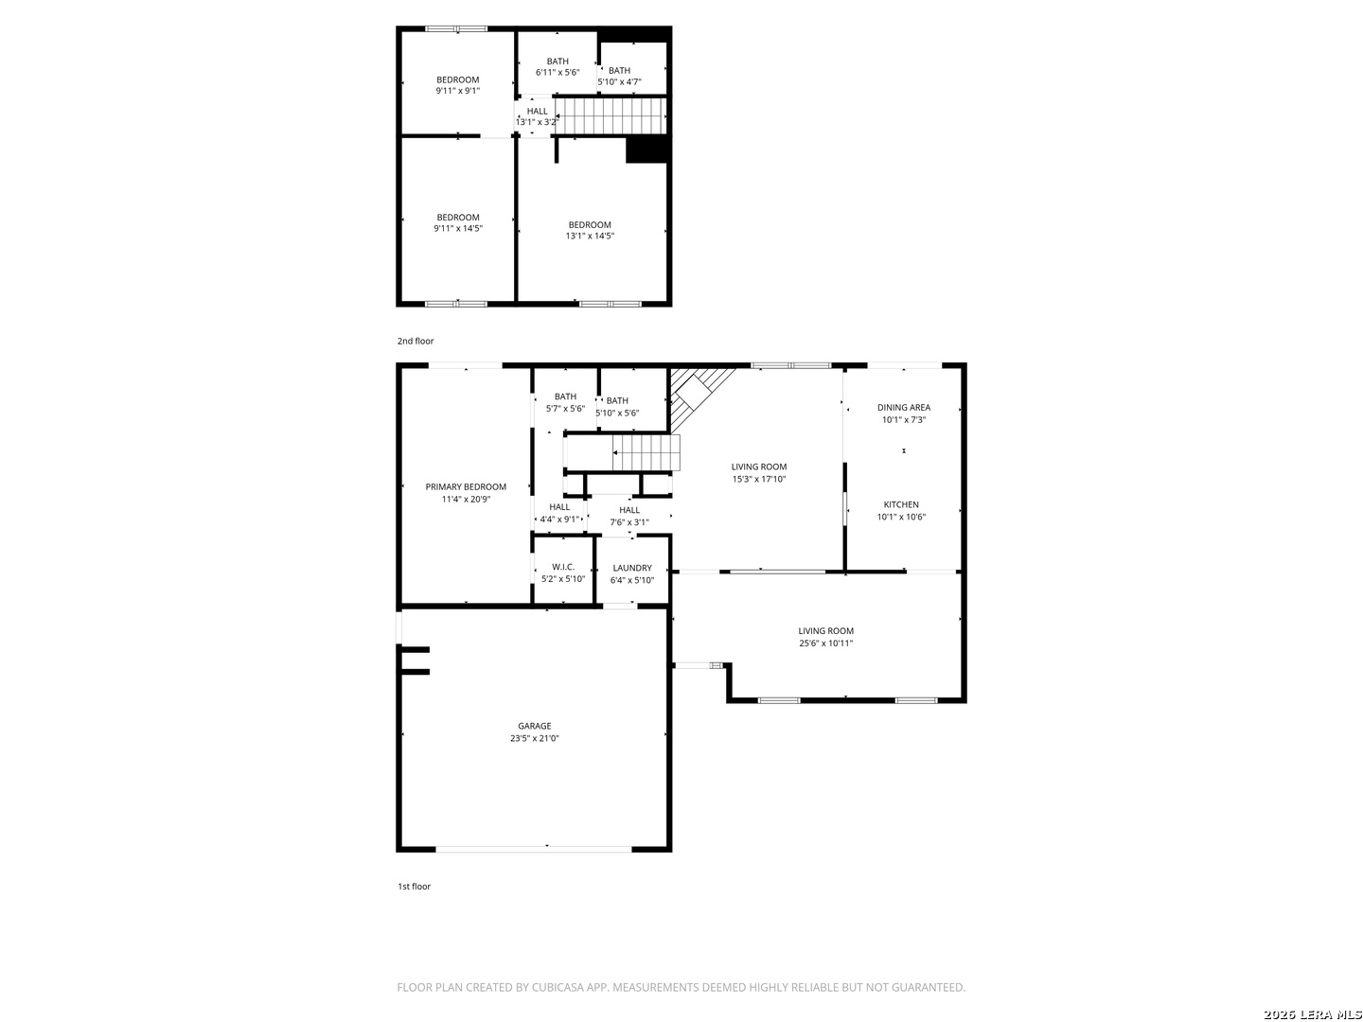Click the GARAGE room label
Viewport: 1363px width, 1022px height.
(534, 726)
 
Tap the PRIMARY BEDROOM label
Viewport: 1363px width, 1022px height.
(466, 486)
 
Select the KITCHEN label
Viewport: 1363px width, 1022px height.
(901, 504)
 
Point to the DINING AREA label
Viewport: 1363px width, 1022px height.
(904, 407)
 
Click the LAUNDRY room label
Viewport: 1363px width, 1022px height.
(632, 568)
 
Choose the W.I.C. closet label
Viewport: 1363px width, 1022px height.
(563, 567)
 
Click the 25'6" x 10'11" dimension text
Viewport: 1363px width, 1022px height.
(825, 643)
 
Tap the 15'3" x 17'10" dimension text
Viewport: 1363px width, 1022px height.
(759, 479)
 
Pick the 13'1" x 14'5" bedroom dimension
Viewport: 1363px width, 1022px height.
(590, 236)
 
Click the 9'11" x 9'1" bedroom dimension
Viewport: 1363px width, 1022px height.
(457, 91)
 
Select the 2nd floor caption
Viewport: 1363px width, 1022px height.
(416, 341)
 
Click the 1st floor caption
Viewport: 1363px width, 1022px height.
(415, 886)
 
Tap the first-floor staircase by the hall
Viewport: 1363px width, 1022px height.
(646, 452)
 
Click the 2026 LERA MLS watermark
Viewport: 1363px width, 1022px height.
(1312, 1013)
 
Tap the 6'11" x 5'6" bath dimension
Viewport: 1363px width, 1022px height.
(558, 72)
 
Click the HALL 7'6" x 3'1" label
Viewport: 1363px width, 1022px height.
(629, 516)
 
